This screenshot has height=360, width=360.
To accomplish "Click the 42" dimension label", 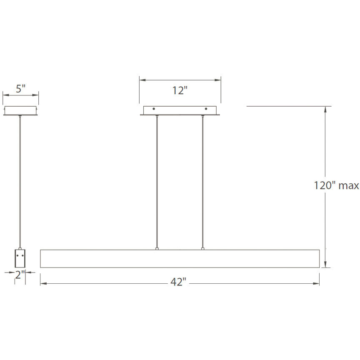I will coord(178,282).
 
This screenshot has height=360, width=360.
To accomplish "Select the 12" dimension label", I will coord(180,90).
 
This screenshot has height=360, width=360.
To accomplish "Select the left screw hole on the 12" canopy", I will coord(154,109).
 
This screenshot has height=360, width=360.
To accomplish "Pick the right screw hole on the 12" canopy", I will coord(205,109).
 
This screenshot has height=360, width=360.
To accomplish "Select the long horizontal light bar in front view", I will coord(180,259).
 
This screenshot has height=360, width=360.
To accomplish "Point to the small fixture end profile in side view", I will coord(20,258).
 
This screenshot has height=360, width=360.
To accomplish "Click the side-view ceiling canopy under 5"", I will coord(20,111).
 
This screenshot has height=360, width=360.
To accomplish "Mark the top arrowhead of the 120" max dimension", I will coord(325,109).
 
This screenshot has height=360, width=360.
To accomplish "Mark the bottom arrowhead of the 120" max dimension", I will coord(325,265).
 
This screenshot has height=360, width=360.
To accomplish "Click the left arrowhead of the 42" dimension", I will coord(42,283).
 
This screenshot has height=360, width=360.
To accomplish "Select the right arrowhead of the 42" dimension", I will coord(317,283).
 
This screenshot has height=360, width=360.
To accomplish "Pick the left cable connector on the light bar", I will coord(157,249).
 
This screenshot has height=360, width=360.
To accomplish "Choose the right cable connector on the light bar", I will coord(202,249).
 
